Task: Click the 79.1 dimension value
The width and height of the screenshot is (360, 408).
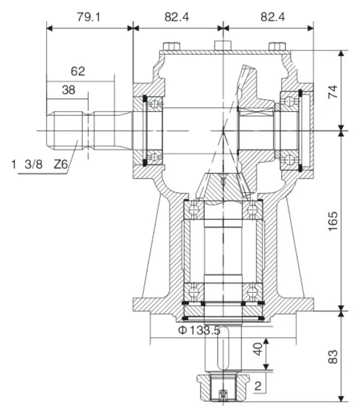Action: tap(89, 17)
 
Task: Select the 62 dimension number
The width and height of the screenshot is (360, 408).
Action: tap(78, 71)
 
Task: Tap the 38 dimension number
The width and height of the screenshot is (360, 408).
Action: tap(68, 90)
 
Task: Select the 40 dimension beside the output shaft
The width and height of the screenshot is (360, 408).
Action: tap(257, 353)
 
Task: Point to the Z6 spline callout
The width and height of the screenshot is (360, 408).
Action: tap(61, 165)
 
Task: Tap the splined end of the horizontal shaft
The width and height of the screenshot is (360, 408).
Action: tap(67, 130)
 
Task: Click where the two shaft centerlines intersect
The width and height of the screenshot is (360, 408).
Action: tap(222, 130)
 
